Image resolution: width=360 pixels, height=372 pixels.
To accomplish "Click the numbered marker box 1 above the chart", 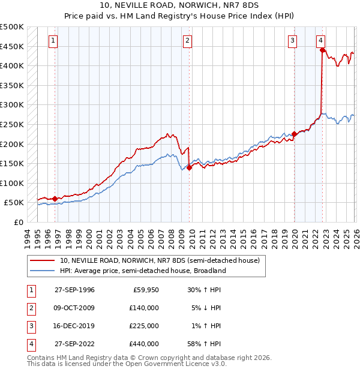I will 53,41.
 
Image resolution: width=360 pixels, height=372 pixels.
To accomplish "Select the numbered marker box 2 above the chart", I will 187,41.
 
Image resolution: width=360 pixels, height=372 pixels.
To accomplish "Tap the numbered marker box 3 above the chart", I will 292,41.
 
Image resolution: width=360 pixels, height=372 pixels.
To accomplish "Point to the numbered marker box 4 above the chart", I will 321,41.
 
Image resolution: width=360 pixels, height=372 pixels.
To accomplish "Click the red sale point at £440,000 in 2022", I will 322,50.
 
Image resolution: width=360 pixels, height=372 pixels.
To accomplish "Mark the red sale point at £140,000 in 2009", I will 189,168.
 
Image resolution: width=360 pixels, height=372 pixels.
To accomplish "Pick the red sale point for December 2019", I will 294,134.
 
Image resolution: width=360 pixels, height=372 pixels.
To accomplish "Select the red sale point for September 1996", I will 55,199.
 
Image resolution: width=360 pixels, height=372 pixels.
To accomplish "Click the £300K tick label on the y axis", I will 12,105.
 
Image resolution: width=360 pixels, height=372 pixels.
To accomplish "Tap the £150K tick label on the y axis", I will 12,163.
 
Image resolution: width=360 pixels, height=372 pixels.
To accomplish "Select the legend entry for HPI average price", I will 142,271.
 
